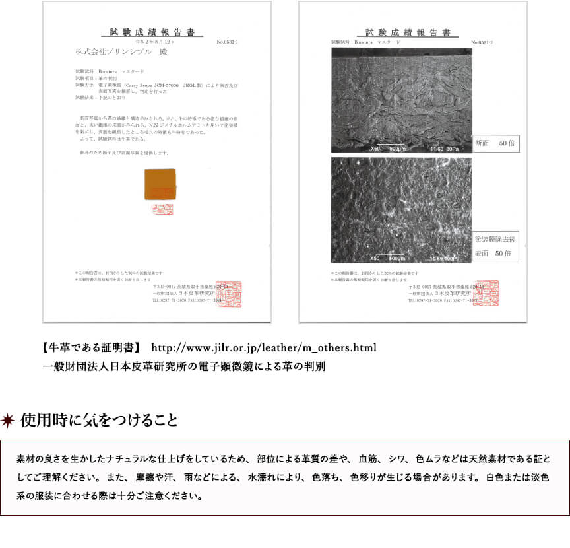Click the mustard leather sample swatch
(160, 184)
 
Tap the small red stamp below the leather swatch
(161, 209)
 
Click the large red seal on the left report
(229, 294)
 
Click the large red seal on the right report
(486, 293)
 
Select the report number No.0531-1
(227, 42)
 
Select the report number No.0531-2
(483, 42)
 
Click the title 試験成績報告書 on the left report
(152, 32)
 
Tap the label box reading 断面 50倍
(497, 143)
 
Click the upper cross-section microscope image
(401, 100)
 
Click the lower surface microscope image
(401, 210)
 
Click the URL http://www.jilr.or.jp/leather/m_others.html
(264, 347)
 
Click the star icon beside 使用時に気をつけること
(9, 421)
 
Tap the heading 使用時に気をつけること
(99, 421)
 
